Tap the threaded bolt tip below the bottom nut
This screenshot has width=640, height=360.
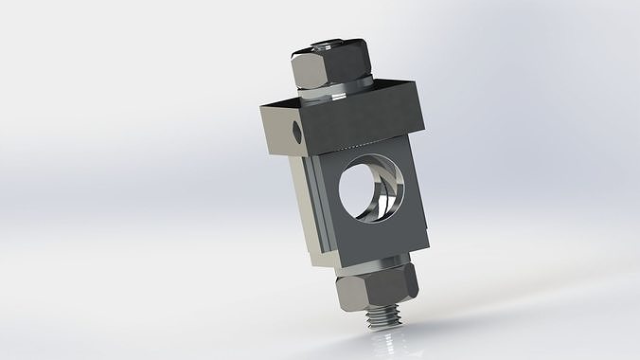(382, 316)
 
